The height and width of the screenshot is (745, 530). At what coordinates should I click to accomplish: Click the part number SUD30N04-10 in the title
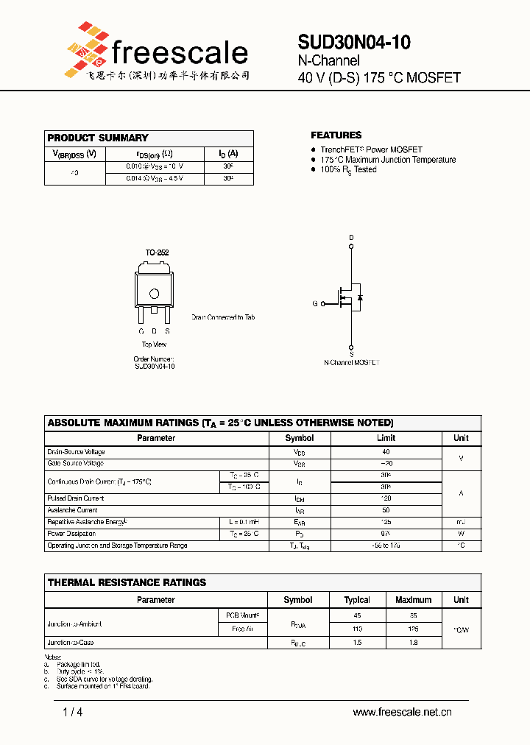coord(354,43)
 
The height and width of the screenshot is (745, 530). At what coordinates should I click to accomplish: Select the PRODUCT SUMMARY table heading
coord(98,138)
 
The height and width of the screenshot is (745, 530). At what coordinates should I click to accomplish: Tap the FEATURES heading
coord(336,135)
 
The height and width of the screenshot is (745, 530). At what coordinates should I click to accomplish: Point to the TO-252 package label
coord(157,253)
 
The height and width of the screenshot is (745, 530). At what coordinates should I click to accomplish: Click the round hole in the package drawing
coord(155,294)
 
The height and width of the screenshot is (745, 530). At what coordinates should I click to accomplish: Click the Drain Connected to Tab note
coord(223,317)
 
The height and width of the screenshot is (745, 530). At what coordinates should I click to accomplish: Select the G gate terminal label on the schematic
coord(315,303)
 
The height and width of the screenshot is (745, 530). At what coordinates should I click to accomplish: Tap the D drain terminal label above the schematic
coord(351,237)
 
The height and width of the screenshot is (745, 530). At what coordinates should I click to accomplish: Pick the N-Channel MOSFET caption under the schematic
coord(352,363)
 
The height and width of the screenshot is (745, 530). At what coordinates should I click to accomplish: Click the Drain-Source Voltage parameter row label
coord(76,452)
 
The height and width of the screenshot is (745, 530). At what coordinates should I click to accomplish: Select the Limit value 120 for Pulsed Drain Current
coord(386,498)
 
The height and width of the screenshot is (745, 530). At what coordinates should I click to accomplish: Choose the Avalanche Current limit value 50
coord(386,510)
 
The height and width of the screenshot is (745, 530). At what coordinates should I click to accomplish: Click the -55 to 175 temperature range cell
coord(386,545)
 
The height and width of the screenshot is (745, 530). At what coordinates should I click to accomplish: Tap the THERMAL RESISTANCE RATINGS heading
coord(127,582)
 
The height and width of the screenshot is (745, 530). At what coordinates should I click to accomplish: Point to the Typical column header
coord(357,600)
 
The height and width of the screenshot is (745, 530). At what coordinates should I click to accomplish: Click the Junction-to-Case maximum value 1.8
coord(413,643)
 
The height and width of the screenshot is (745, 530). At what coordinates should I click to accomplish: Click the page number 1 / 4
coord(74,712)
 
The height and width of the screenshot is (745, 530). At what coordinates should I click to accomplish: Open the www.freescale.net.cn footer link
coord(402,712)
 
